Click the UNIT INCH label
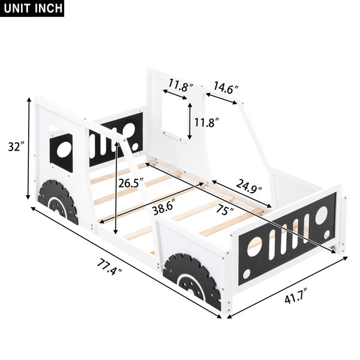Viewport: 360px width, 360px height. [32, 8]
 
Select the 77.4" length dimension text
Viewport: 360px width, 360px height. [109, 267]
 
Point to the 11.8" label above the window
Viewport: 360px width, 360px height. [181, 85]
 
